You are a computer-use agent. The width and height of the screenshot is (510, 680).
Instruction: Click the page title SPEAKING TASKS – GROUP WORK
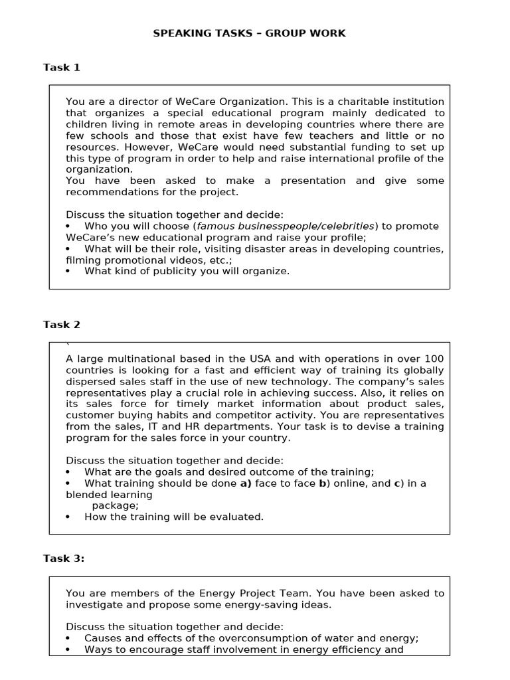pyautogui.click(x=250, y=33)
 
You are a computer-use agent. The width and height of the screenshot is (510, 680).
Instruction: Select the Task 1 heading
pyautogui.click(x=62, y=67)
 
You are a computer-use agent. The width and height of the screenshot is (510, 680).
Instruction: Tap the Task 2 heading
pyautogui.click(x=62, y=324)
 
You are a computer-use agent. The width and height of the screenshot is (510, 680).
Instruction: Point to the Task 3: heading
pyautogui.click(x=64, y=558)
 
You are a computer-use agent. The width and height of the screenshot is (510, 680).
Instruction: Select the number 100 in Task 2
pyautogui.click(x=434, y=359)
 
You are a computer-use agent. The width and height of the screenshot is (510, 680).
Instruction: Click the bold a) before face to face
pyautogui.click(x=245, y=483)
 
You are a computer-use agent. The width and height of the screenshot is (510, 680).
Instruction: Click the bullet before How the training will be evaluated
pyautogui.click(x=68, y=517)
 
